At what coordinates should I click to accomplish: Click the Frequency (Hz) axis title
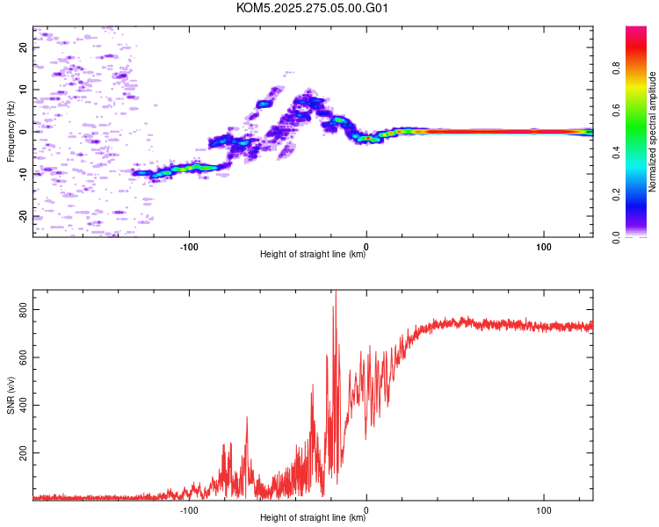click(x=11, y=132)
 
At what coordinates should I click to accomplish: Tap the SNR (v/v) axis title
click(x=11, y=394)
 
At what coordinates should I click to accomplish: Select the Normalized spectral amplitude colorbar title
click(x=653, y=132)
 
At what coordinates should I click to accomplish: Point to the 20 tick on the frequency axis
click(x=24, y=47)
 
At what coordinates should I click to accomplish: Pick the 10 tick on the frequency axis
click(x=24, y=90)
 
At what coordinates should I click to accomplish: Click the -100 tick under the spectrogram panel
click(x=189, y=245)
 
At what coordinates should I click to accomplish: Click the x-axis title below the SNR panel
click(x=313, y=519)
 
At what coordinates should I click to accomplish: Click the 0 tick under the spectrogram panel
click(x=366, y=245)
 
